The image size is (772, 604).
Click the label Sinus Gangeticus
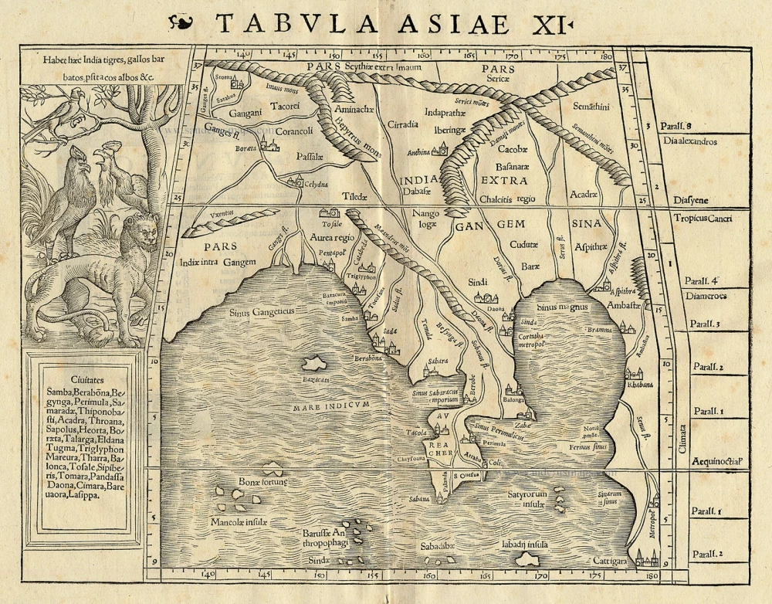pos(262,313)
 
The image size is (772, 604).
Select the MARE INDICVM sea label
pos(333,405)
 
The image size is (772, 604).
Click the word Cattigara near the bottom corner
pos(611,560)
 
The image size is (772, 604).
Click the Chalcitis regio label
pos(506,199)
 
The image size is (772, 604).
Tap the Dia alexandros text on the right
pos(689,142)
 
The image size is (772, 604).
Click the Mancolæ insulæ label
pos(239,522)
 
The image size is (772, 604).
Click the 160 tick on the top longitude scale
pos(422,56)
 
